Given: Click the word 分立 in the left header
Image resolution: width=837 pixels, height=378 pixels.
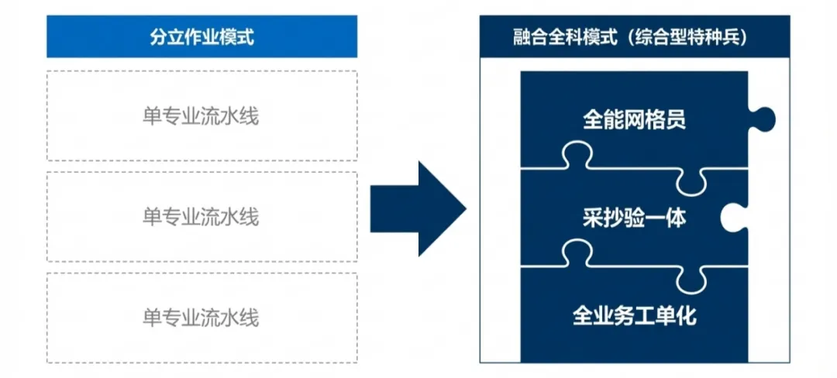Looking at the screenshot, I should [x=164, y=37].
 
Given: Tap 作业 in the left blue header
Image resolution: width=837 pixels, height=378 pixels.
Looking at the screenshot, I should [x=190, y=37].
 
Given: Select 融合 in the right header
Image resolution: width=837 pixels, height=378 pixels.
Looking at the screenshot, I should [x=525, y=37].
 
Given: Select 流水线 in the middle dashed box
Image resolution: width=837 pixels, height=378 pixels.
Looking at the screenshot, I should [x=229, y=217].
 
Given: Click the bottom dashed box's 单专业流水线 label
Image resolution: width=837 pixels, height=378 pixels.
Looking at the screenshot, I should [x=201, y=318].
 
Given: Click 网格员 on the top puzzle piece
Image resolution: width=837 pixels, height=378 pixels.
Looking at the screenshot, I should [x=652, y=120].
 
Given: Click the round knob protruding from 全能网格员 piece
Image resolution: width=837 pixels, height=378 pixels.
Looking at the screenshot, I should [x=763, y=119].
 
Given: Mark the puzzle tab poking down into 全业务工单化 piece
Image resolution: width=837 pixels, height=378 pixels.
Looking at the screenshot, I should [x=691, y=281].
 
